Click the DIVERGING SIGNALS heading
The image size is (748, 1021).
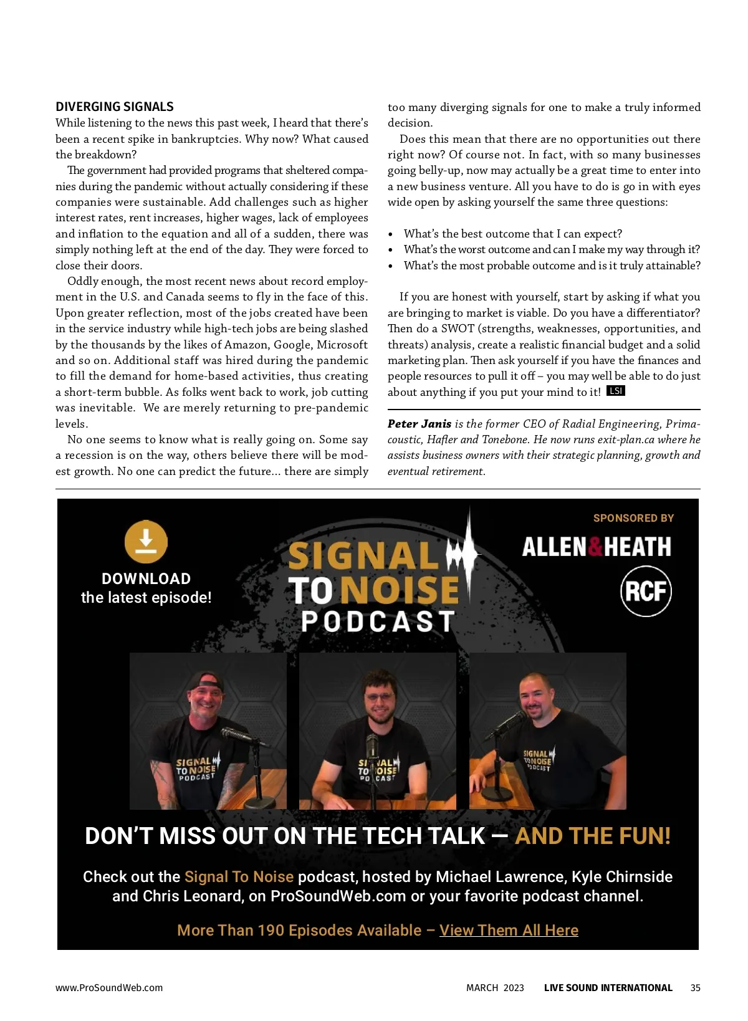point(115,107)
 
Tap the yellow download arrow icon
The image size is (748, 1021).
point(146,541)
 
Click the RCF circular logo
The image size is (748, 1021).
point(646,591)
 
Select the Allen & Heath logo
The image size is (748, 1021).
point(597,547)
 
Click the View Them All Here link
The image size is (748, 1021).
point(509,930)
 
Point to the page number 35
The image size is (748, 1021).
point(695,988)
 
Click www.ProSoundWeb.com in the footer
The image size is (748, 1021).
point(109,988)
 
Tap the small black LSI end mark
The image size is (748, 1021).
point(616,391)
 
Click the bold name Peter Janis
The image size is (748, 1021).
point(419,424)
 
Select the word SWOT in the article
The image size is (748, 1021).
point(458,328)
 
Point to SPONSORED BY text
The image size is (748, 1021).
point(633,518)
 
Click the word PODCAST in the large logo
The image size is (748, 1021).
point(378,621)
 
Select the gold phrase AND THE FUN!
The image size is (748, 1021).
point(593,836)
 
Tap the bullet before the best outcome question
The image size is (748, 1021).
point(391,234)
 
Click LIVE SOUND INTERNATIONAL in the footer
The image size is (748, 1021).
point(608,988)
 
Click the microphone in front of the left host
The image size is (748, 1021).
point(237,736)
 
